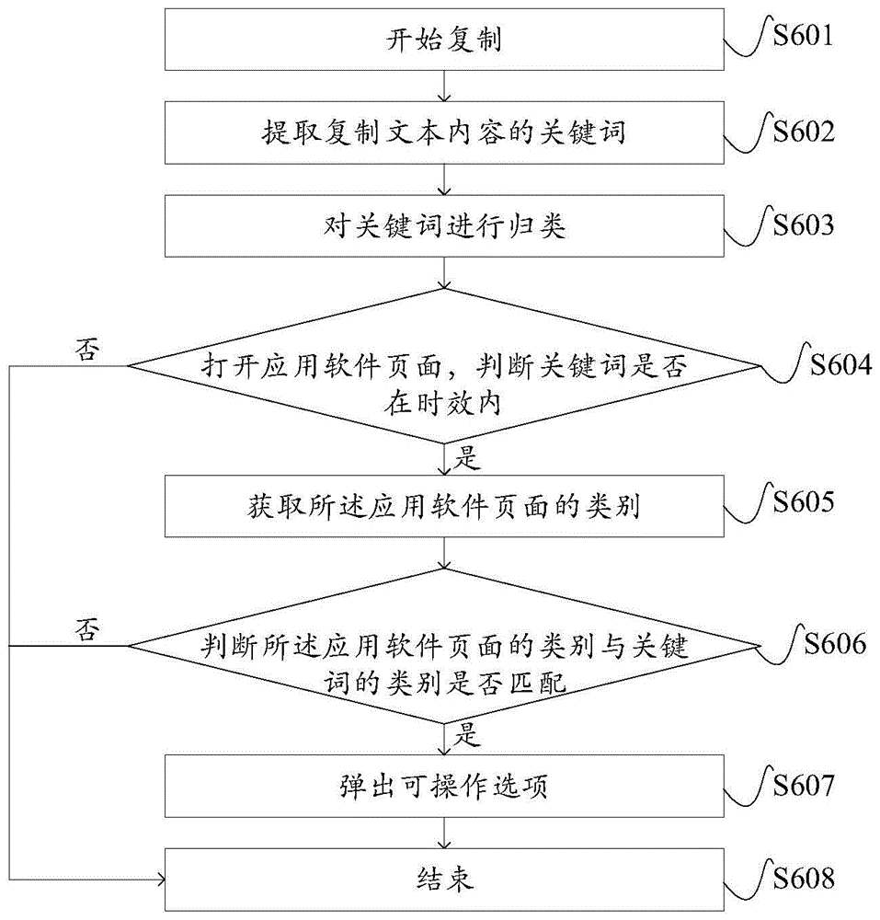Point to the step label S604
click(840, 364)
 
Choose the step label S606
click(834, 643)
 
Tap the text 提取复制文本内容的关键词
click(444, 134)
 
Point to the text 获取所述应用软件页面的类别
click(444, 507)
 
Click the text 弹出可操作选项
click(444, 788)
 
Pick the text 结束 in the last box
click(444, 880)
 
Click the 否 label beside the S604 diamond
click(88, 352)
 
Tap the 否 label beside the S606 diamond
click(88, 631)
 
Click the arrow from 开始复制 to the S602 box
click(444, 86)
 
